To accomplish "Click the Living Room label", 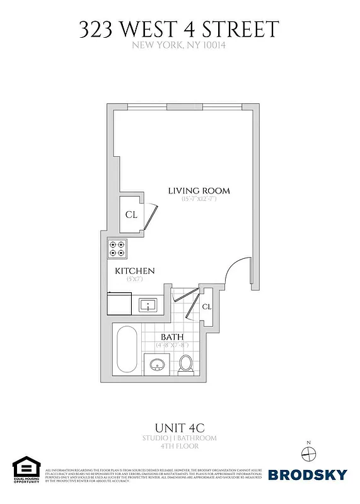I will click(199, 190).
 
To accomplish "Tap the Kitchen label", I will click(134, 271).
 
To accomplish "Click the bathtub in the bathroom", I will click(125, 350).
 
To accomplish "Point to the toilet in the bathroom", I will click(185, 364).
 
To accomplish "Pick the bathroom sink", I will click(156, 364).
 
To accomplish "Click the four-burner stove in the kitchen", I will click(117, 249).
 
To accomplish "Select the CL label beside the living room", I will click(131, 214).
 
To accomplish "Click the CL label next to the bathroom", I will click(207, 307).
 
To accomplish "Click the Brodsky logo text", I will click(306, 474).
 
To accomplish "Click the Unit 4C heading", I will click(180, 425).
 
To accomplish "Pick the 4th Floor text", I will click(180, 446).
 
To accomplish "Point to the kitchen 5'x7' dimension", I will click(133, 279).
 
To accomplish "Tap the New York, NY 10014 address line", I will click(180, 45).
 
